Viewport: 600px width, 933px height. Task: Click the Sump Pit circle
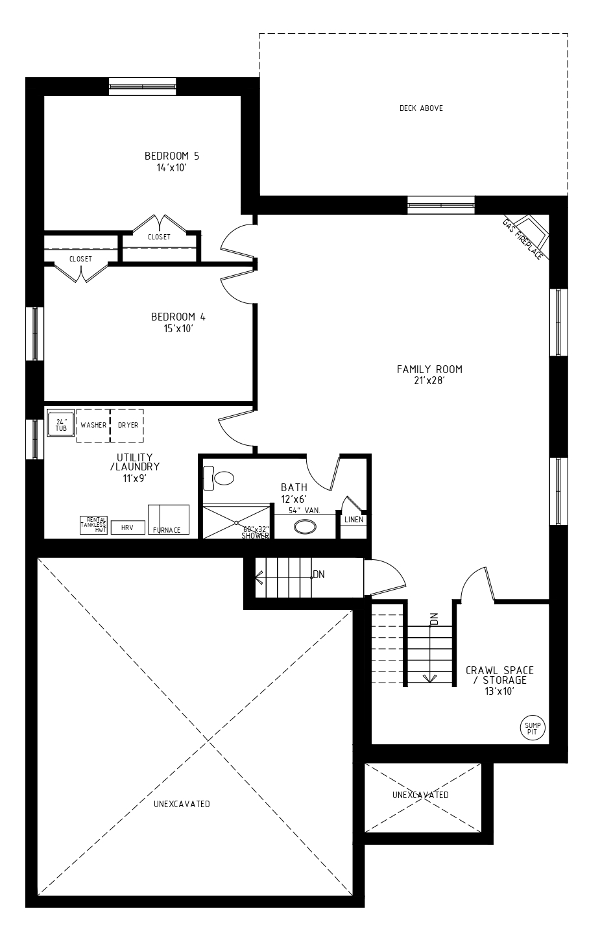[533, 728]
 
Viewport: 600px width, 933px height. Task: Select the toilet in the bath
[218, 478]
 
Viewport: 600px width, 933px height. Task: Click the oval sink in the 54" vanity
[306, 527]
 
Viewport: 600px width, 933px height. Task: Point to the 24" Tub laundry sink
[61, 423]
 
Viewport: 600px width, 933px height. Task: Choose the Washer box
[93, 425]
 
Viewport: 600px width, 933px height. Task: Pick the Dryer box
[127, 425]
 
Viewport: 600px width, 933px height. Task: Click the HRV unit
[127, 527]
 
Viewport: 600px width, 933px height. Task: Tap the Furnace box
[169, 520]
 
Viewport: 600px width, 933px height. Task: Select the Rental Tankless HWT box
[93, 526]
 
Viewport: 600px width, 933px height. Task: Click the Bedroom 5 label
[172, 156]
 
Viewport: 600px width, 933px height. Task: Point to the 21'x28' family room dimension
[429, 380]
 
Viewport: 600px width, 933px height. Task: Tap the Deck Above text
[421, 108]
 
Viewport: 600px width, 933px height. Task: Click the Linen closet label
[354, 520]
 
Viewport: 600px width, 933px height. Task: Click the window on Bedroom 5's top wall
[143, 87]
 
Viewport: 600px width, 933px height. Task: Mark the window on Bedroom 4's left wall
[35, 333]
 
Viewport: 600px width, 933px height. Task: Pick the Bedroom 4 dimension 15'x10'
[178, 329]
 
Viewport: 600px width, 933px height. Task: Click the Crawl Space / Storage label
[499, 675]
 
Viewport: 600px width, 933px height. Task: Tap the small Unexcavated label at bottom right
[420, 795]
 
